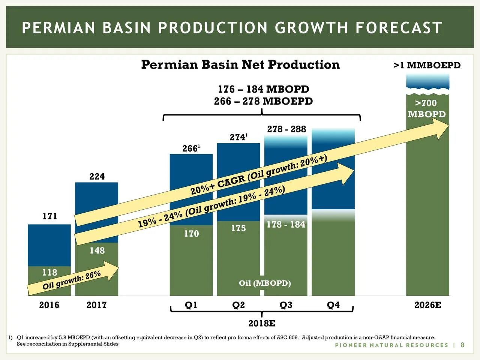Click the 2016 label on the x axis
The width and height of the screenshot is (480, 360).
coord(49,305)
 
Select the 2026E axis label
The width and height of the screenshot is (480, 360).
coord(427,305)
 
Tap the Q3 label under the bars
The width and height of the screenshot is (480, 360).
coord(286,305)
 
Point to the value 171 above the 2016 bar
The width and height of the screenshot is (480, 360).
coord(49,216)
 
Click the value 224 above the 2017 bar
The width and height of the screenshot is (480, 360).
coord(97,176)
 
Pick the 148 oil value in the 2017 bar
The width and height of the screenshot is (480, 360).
coord(97,250)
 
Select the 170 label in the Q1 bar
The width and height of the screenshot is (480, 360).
coord(191,234)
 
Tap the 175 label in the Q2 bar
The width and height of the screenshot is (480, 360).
coord(238,228)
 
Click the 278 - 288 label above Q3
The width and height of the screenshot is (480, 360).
coord(286,129)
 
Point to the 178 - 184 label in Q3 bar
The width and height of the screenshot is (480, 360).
coord(286,224)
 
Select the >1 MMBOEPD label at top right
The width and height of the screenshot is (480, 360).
coord(427,65)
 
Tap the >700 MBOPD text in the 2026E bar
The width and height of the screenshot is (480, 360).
coord(427,108)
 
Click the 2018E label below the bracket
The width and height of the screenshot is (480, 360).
coord(262,323)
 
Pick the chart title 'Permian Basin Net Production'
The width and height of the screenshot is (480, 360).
coord(240,64)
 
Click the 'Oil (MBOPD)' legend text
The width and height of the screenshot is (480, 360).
coord(265,283)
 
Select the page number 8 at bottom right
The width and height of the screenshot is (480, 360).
coord(462,345)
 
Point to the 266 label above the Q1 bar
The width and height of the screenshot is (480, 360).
coord(190,148)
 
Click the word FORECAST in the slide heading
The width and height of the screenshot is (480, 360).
coord(399,28)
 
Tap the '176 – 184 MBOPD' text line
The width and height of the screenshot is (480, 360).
coord(263,89)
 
